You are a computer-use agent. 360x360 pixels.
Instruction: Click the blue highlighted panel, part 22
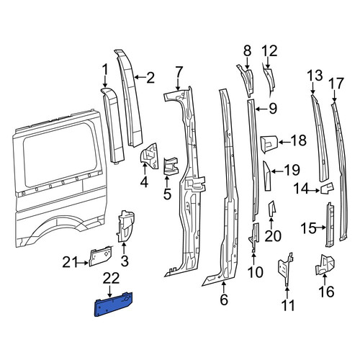114,305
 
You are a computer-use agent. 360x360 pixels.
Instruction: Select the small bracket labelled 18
269,143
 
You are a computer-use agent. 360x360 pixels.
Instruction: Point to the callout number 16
326,292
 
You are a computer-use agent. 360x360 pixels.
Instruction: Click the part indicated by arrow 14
327,188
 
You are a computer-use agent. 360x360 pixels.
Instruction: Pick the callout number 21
69,262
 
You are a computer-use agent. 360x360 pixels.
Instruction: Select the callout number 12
269,51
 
